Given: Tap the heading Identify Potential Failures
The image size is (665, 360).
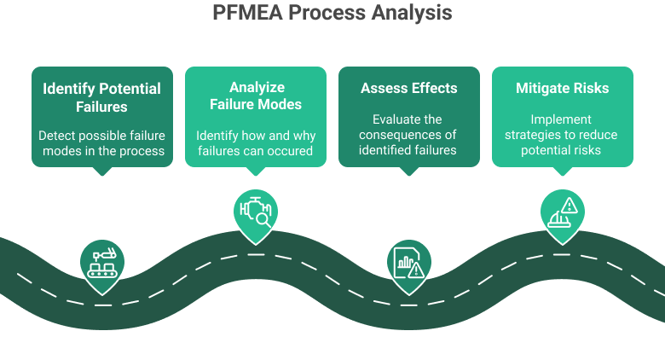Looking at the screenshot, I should click(x=102, y=97).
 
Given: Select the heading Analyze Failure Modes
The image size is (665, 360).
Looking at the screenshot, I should click(x=256, y=96).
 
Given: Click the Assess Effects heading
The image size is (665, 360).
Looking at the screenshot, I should click(x=408, y=88).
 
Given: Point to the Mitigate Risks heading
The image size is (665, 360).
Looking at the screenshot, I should click(x=562, y=88).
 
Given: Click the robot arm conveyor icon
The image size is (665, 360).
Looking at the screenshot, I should click(x=102, y=261).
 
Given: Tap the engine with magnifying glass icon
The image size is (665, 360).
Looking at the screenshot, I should click(x=256, y=211).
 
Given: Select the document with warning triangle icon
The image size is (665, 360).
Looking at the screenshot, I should click(x=408, y=261).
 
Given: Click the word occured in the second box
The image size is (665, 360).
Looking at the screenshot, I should click(x=292, y=151).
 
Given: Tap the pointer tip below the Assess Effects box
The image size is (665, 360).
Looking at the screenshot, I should click(x=408, y=173).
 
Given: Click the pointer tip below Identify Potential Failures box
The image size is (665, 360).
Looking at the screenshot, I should click(x=102, y=173).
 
